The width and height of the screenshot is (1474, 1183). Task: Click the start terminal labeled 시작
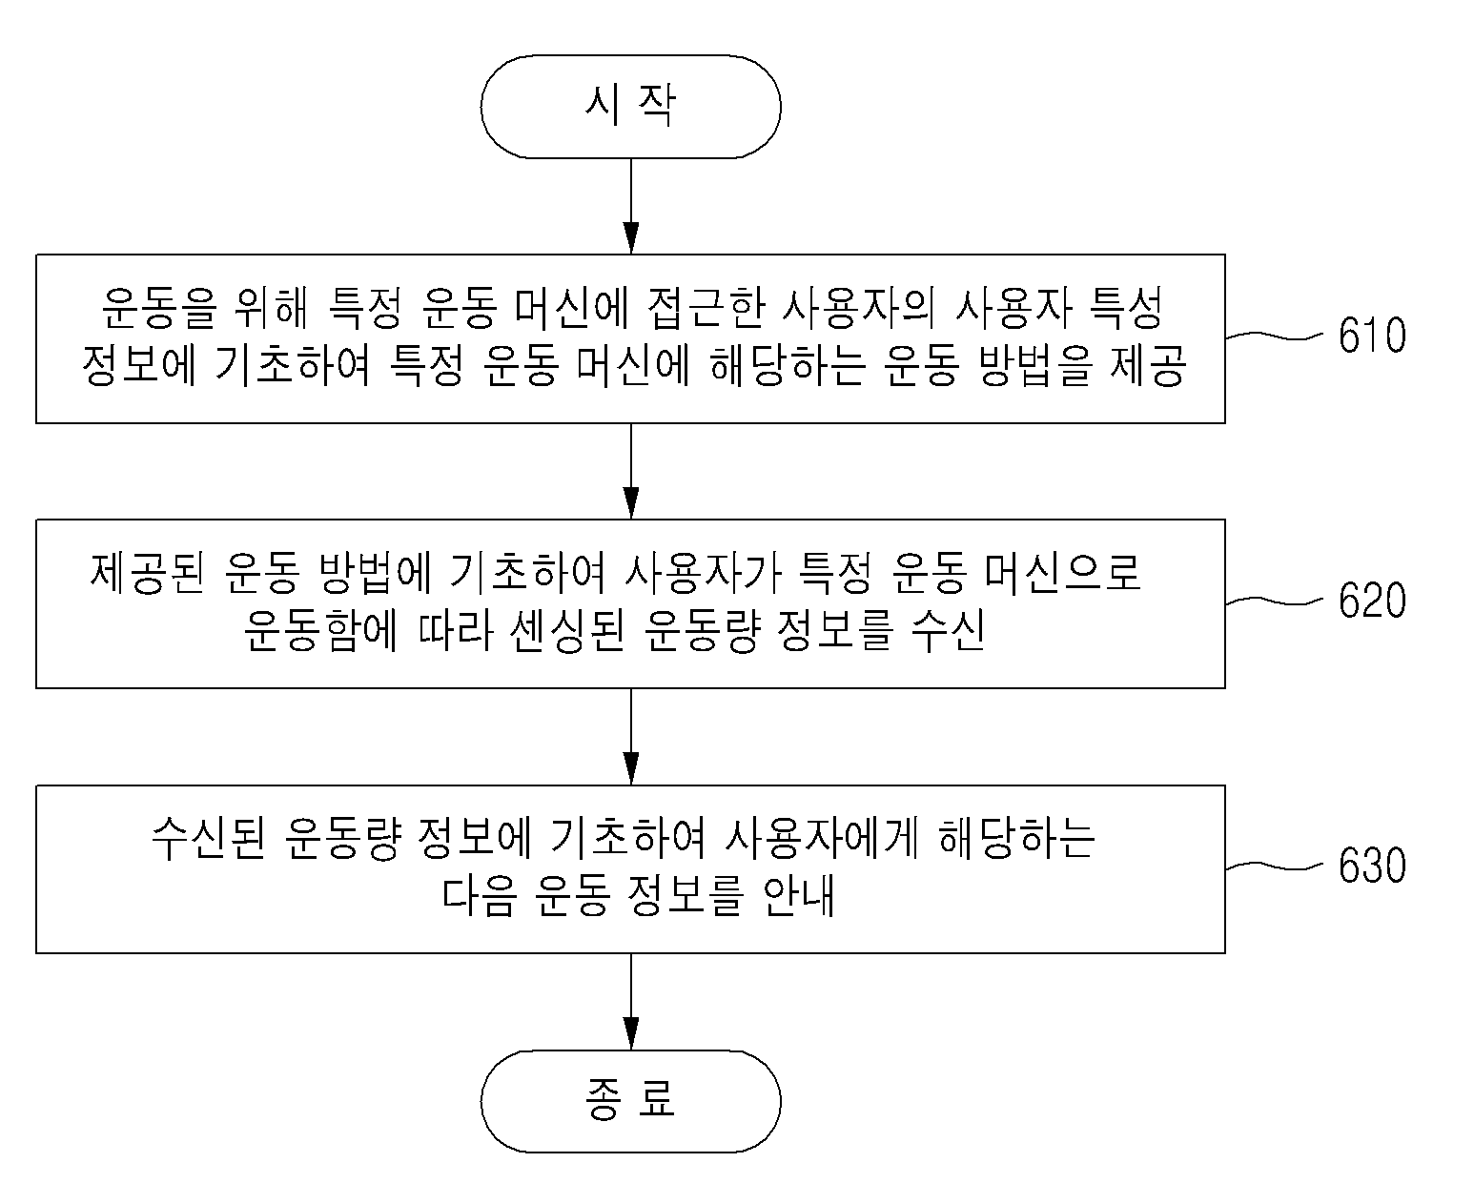coord(630,107)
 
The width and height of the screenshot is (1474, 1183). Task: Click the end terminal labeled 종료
coord(630,1101)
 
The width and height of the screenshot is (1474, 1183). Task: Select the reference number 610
coord(1372,336)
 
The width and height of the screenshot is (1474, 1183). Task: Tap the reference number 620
coord(1372,601)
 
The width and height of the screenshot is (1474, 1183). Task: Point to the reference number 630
coord(1372,866)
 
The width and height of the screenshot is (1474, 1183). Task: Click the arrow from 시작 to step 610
coord(631,207)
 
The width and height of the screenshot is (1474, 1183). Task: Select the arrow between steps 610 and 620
coord(631,471)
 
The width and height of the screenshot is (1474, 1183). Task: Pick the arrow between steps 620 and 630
coord(631,736)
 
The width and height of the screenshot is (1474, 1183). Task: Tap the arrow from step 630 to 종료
coord(631,1002)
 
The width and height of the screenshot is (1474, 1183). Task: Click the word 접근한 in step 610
coord(706,308)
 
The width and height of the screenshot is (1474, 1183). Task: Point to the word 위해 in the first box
coord(272,308)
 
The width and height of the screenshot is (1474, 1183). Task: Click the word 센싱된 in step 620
coord(568,631)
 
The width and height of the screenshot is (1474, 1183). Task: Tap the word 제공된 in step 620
coord(147,572)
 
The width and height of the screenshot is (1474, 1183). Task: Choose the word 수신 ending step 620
coord(948,631)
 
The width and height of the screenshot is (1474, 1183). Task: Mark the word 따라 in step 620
coord(456,631)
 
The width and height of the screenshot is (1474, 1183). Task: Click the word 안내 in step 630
coord(798,896)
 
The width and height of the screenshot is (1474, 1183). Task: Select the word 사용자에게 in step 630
coord(821,838)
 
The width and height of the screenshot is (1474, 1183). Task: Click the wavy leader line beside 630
coord(1274,867)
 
